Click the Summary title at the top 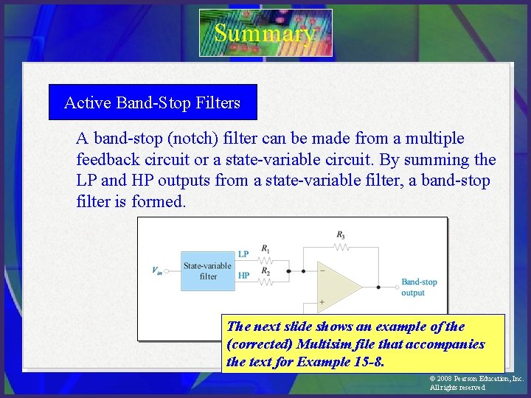click(x=265, y=33)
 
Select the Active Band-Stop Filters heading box click(x=153, y=102)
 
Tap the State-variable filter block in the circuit click(x=207, y=270)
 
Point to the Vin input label click(x=157, y=270)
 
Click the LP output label click(x=243, y=254)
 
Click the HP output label click(x=243, y=275)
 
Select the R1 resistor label click(x=265, y=248)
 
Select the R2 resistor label click(x=265, y=272)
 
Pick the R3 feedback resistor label click(x=340, y=235)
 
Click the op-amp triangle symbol click(x=336, y=285)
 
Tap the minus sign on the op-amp click(x=322, y=270)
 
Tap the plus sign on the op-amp click(x=322, y=301)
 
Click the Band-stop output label click(x=419, y=287)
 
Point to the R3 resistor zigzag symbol click(x=340, y=245)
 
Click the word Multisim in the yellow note click(x=322, y=344)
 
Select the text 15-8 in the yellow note click(x=367, y=362)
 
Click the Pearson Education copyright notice click(x=476, y=383)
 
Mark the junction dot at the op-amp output click(x=378, y=286)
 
